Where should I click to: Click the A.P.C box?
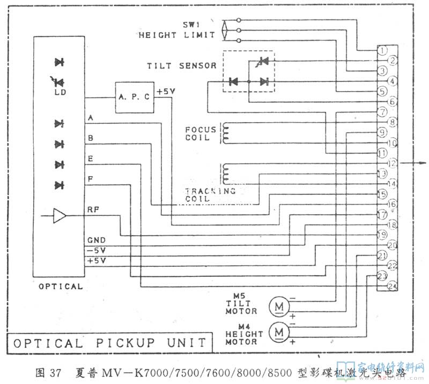135,97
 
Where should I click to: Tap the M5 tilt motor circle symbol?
279,306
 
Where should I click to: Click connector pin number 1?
382,50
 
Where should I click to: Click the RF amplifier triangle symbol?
60,216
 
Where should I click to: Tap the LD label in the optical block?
60,92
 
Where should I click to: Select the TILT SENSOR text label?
182,66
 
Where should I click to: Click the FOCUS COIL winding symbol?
226,134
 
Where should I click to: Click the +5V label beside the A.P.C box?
166,92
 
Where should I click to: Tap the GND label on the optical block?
97,240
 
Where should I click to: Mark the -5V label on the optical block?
97,250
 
